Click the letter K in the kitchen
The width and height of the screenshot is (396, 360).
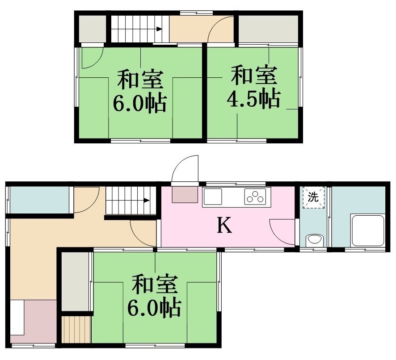(224, 226)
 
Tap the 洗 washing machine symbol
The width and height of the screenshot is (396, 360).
(313, 197)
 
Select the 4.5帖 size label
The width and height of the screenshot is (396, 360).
(253, 98)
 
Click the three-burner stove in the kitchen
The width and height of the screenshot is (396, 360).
(255, 197)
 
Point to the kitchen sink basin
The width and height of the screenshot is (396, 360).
(213, 197)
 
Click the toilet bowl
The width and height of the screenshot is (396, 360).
(314, 240)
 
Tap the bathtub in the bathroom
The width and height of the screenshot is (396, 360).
(368, 230)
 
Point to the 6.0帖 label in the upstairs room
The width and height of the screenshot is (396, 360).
(139, 103)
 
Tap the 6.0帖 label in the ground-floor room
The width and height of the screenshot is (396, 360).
(154, 308)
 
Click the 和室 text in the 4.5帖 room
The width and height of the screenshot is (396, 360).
(254, 75)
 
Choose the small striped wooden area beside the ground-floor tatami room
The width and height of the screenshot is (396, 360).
(76, 330)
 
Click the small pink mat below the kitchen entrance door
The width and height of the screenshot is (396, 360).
(185, 194)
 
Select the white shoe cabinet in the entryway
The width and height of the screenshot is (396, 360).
(17, 318)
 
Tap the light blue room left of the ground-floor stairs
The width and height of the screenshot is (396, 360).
(40, 200)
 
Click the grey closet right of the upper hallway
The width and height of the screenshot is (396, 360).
(269, 29)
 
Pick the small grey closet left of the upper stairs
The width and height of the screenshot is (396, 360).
(93, 29)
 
